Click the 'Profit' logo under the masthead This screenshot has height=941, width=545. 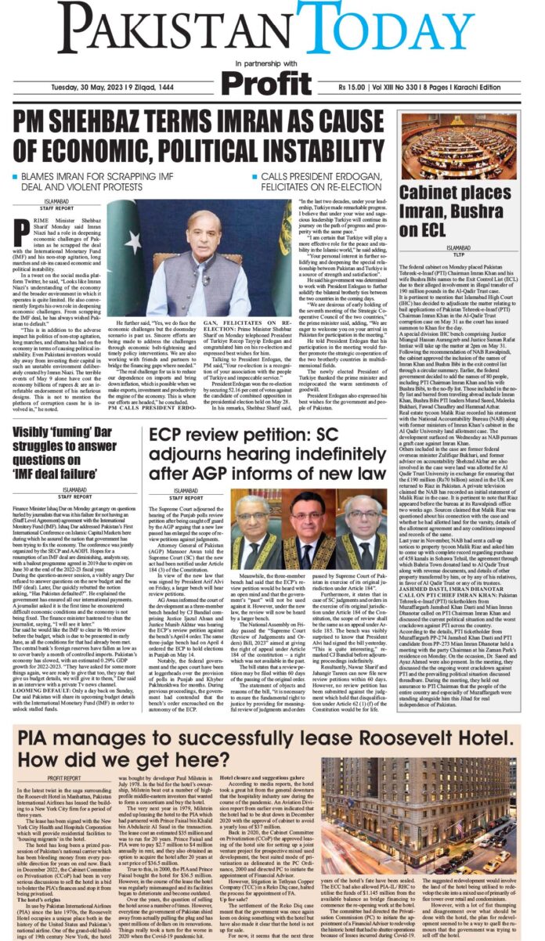[x=269, y=81]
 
